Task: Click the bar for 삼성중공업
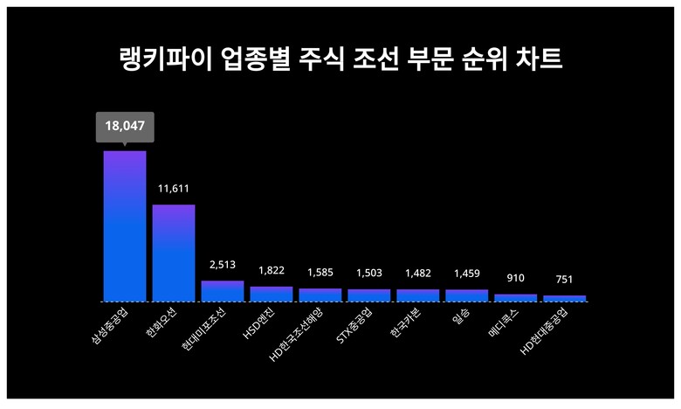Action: (125, 226)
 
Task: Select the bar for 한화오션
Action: (174, 253)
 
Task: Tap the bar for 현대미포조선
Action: (223, 291)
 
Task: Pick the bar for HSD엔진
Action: (272, 294)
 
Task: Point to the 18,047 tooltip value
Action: (125, 126)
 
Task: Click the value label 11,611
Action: (174, 188)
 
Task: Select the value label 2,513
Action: (223, 264)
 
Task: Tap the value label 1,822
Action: (272, 270)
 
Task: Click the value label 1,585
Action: (320, 272)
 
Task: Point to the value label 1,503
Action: (369, 273)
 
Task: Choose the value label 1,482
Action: (418, 273)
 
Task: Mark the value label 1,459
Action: (467, 273)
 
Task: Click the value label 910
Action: (516, 278)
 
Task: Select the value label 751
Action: (565, 280)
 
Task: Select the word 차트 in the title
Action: (539, 60)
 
